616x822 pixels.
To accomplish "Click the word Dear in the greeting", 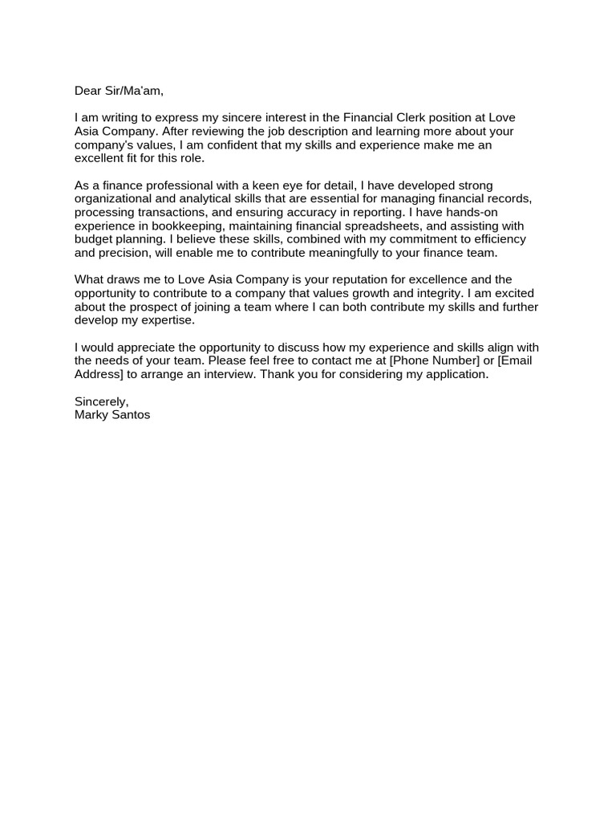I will pyautogui.click(x=89, y=91).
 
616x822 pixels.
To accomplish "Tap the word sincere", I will pyautogui.click(x=245, y=118).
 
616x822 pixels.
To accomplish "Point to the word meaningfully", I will pyautogui.click(x=307, y=253).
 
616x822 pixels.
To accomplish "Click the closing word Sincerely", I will pyautogui.click(x=101, y=401).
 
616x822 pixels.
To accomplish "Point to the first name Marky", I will pyautogui.click(x=91, y=415).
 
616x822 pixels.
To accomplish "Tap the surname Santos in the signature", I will pyautogui.click(x=131, y=415).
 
